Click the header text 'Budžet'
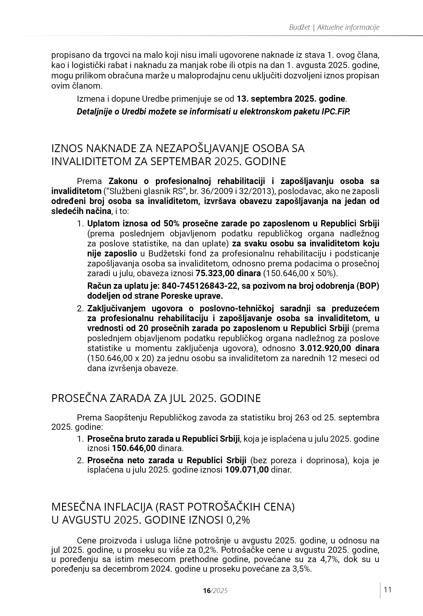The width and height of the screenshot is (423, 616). pyautogui.click(x=299, y=27)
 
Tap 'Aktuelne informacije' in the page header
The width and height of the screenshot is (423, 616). pyautogui.click(x=348, y=27)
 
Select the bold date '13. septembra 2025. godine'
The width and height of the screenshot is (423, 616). pyautogui.click(x=291, y=99)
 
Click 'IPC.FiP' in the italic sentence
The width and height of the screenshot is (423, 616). pyautogui.click(x=336, y=112)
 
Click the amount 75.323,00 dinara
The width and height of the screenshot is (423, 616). pyautogui.click(x=228, y=273)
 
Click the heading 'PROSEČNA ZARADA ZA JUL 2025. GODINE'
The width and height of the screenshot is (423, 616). pyautogui.click(x=156, y=398)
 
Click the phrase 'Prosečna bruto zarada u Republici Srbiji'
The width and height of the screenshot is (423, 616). pyautogui.click(x=163, y=439)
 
